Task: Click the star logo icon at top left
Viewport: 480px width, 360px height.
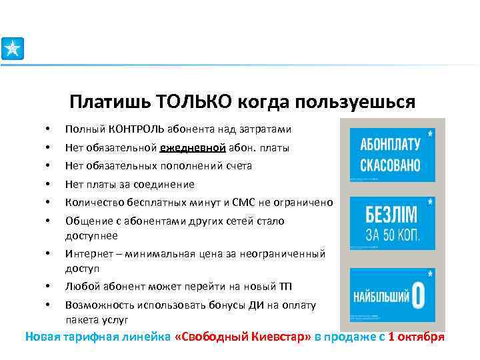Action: [x=12, y=49]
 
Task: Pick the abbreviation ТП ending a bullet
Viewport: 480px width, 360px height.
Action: [x=286, y=287]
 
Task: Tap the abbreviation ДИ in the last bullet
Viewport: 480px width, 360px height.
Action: [x=250, y=305]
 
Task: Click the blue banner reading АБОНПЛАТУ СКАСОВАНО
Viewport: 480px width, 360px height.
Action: [x=392, y=155]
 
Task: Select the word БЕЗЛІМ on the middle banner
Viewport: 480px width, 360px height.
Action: [x=392, y=216]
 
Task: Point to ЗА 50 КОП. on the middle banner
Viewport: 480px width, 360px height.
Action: [x=392, y=235]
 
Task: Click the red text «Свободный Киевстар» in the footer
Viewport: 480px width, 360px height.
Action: [x=243, y=337]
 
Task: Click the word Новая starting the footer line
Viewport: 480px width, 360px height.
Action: [x=43, y=337]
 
